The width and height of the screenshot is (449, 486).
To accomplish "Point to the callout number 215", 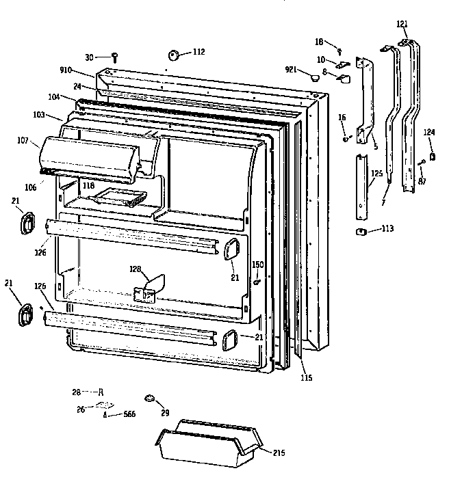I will [x=279, y=453].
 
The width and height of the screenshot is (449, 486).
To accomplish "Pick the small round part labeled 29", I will [x=149, y=398].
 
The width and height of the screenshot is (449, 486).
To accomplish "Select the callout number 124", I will [x=428, y=132].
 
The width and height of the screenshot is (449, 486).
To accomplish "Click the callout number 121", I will [x=402, y=24].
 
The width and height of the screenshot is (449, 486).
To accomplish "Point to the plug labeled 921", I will [x=315, y=78].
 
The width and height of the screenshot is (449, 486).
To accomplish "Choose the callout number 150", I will [x=257, y=265].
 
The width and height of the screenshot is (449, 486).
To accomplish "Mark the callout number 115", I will [x=306, y=377].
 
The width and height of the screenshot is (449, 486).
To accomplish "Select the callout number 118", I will [x=88, y=185].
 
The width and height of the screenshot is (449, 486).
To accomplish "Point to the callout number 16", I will [x=342, y=118].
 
